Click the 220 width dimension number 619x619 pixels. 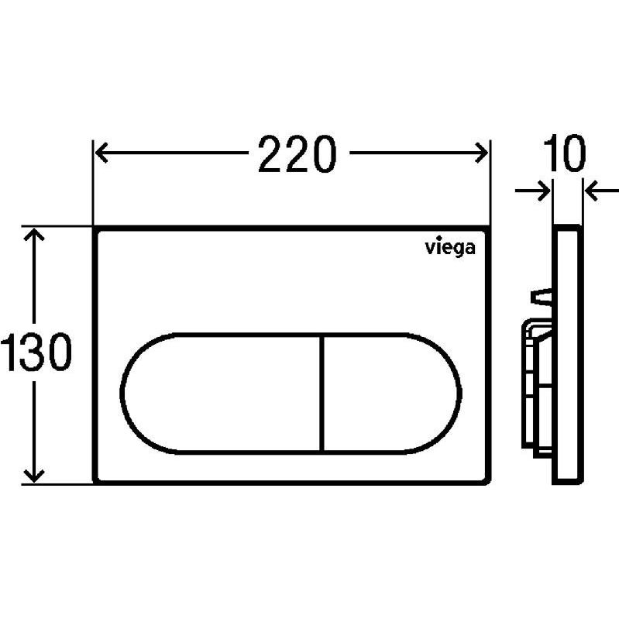[297, 154]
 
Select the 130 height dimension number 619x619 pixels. [36, 352]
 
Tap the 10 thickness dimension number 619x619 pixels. [565, 153]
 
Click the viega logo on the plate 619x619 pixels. [450, 249]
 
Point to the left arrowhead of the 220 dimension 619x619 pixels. [101, 153]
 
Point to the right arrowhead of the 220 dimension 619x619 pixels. [482, 153]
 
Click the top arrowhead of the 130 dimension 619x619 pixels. [34, 235]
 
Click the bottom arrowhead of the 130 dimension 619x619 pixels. [34, 475]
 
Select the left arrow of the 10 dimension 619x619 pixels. [532, 191]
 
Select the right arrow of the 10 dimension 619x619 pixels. [602, 191]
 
